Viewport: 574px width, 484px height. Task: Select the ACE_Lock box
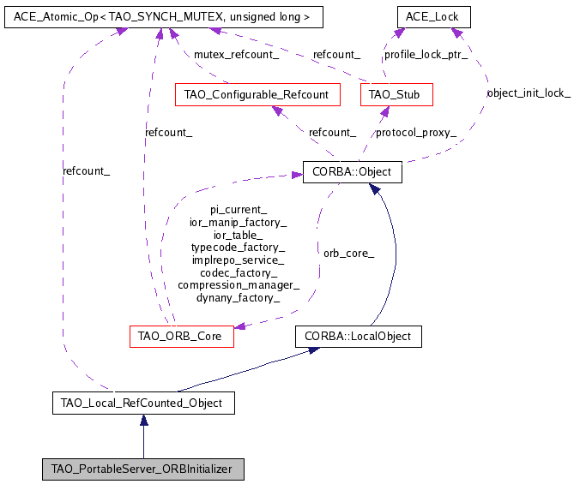433,16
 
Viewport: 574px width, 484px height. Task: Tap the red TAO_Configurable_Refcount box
257,94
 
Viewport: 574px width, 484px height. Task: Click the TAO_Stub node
396,94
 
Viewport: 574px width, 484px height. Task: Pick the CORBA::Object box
352,172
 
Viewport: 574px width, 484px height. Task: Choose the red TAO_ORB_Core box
181,336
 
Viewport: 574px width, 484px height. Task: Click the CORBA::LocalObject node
359,336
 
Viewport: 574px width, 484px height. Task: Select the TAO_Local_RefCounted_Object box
142,403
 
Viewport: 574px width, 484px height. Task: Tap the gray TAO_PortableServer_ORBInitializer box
142,469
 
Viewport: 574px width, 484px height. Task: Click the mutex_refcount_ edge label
236,55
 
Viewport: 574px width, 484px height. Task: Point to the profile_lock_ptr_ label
426,55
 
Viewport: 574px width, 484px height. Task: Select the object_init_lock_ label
528,93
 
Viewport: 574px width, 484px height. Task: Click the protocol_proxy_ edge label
416,133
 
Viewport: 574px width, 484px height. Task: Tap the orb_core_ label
348,253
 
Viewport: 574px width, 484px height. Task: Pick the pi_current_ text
239,209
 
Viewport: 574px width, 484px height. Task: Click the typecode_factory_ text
239,247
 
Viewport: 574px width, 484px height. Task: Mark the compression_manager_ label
239,285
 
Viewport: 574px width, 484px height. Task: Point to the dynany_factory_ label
239,298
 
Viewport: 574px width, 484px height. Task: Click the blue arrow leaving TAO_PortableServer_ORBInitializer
143,436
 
